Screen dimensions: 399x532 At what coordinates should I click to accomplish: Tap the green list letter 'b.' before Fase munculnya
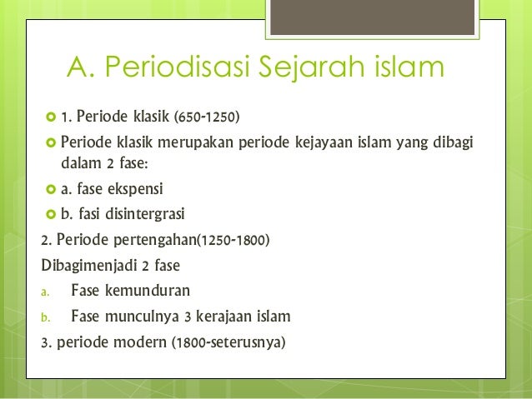pyautogui.click(x=46, y=317)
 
